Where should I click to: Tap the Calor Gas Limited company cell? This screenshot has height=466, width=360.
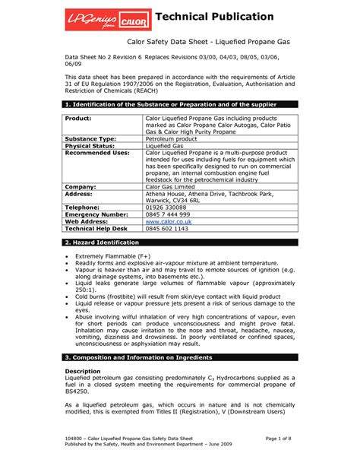(174, 185)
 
